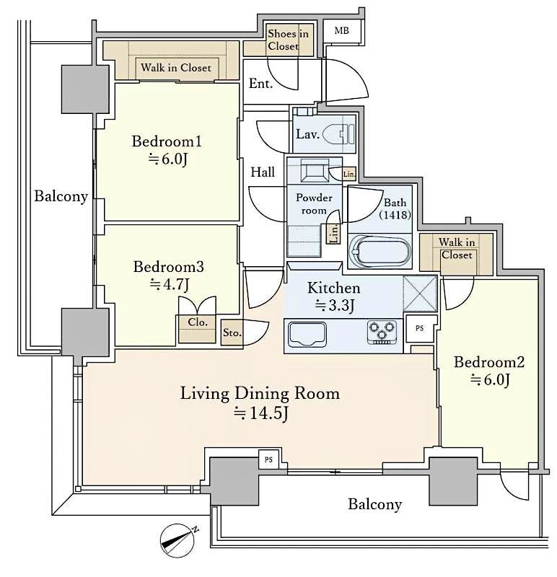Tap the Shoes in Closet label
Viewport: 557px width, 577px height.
click(x=288, y=40)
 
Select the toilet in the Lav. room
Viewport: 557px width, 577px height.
click(x=339, y=134)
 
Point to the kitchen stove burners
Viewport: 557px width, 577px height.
click(x=383, y=331)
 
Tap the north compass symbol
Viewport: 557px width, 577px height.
click(x=180, y=538)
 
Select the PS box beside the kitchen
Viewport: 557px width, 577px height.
click(x=421, y=328)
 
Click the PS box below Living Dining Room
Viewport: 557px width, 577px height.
click(x=268, y=459)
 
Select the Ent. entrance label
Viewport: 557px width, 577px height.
click(x=260, y=84)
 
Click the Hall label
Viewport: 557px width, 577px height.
click(x=263, y=172)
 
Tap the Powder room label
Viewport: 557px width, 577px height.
click(x=315, y=204)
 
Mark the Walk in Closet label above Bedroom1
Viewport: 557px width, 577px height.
click(x=176, y=68)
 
